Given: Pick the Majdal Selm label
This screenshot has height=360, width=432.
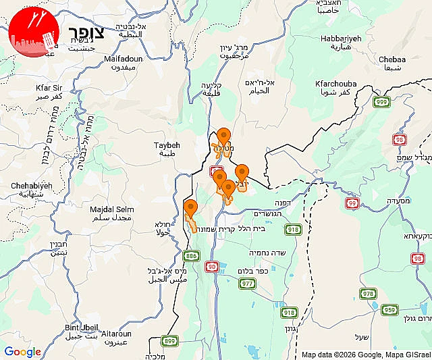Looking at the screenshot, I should pyautogui.click(x=111, y=209).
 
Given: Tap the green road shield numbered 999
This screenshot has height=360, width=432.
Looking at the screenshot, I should pyautogui.click(x=382, y=101).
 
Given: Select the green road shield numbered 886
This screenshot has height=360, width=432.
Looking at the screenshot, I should pyautogui.click(x=191, y=255).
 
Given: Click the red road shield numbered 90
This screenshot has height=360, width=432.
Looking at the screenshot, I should pyautogui.click(x=212, y=267).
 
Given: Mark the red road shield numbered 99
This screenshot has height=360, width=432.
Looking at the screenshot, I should pyautogui.click(x=352, y=203).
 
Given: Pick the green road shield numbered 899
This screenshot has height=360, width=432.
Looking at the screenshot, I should pyautogui.click(x=169, y=340).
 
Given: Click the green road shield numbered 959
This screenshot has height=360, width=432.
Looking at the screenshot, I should pyautogui.click(x=389, y=310).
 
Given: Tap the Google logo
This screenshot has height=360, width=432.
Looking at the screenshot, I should pyautogui.click(x=22, y=351).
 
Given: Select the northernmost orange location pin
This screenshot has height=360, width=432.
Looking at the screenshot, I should pyautogui.click(x=223, y=136).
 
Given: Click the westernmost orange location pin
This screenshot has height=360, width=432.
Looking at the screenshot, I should pyautogui.click(x=191, y=208).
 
